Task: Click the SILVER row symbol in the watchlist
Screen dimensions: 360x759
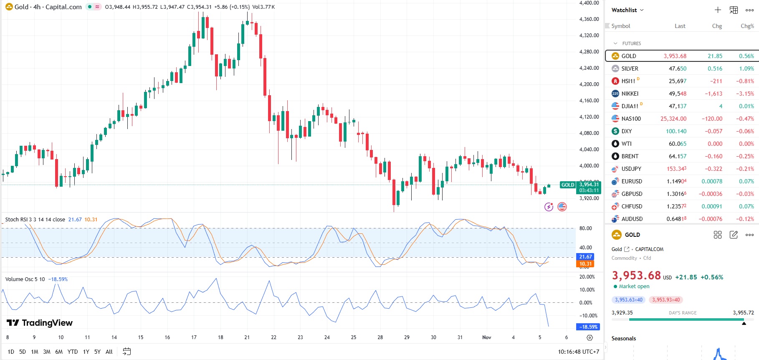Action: pos(630,68)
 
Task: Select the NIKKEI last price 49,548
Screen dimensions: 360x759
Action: pos(677,94)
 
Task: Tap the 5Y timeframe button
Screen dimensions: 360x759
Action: pos(97,352)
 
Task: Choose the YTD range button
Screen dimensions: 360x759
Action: pos(73,352)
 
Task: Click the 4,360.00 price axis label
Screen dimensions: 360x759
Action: pos(589,19)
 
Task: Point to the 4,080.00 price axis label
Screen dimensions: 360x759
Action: pos(589,133)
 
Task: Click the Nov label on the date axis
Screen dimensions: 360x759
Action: pos(486,337)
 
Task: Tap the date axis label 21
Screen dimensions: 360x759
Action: pos(247,337)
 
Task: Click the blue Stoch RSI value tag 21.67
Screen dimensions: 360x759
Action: pos(585,257)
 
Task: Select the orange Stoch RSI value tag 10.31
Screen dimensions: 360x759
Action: pos(585,264)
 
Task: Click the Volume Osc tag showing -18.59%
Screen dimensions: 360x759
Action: pos(588,327)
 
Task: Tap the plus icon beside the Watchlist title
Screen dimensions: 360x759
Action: pos(718,10)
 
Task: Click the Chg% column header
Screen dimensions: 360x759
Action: pos(747,26)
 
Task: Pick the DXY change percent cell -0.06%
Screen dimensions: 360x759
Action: pos(747,131)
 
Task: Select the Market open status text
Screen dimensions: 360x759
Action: pos(634,286)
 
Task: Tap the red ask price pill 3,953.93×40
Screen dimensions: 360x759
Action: pos(666,300)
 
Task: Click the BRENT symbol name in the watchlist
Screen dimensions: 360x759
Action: pos(630,156)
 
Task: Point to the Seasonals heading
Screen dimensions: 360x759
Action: pos(624,338)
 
